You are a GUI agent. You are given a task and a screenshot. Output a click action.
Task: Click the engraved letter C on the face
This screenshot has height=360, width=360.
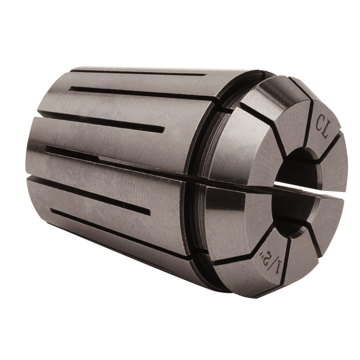(x=320, y=123)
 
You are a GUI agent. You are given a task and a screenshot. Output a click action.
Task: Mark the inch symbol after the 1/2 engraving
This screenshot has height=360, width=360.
(x=262, y=254)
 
